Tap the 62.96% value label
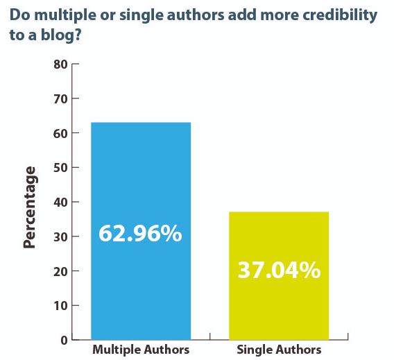(x=140, y=234)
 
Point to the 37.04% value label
(x=279, y=270)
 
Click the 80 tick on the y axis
(x=60, y=65)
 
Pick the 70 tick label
(x=60, y=99)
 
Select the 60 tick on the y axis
(x=60, y=133)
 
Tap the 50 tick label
(x=60, y=168)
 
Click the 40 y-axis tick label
(x=60, y=202)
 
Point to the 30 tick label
(x=60, y=237)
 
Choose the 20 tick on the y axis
(x=60, y=271)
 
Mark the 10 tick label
(x=60, y=305)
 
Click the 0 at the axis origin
(x=64, y=340)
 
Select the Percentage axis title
(x=29, y=206)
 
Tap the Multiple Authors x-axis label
(x=141, y=350)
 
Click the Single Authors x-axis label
(x=279, y=350)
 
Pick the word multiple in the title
(x=61, y=15)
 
